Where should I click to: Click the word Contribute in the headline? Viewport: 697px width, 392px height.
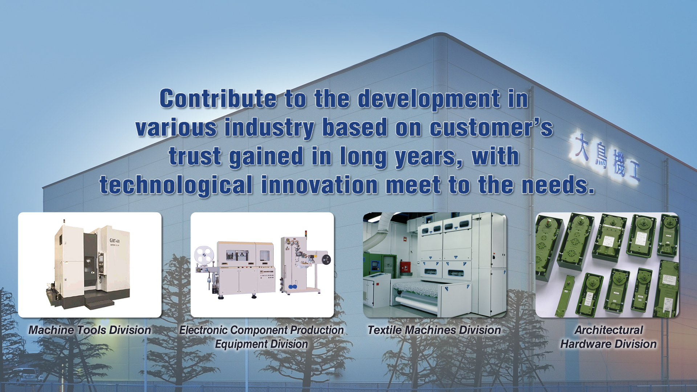tap(218, 98)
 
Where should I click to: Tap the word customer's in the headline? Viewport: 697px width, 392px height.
tap(491, 127)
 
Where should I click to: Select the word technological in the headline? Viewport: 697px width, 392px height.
tap(176, 185)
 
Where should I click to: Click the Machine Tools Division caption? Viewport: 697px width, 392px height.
tap(90, 330)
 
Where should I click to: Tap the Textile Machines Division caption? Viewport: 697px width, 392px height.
tap(434, 330)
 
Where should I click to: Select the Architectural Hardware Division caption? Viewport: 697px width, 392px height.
tap(608, 337)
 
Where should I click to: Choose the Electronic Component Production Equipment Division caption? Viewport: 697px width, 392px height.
tap(261, 337)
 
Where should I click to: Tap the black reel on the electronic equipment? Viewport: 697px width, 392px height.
tap(326, 259)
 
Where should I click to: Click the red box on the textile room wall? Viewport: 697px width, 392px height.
tap(405, 267)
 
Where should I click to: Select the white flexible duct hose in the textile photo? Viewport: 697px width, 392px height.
tap(378, 232)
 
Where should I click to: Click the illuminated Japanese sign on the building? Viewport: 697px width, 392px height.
tap(604, 157)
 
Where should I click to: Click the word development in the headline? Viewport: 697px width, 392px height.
tap(429, 99)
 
